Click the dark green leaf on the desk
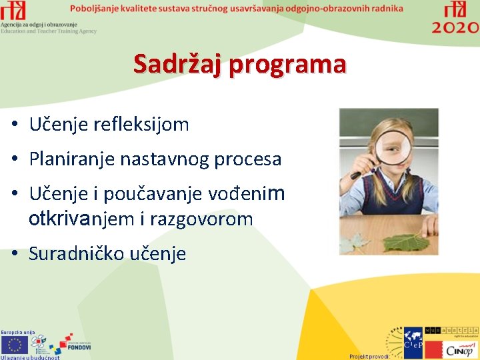pyautogui.click(x=406, y=241)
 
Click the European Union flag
pyautogui.click(x=15, y=344)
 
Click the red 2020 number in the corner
pyautogui.click(x=455, y=27)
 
